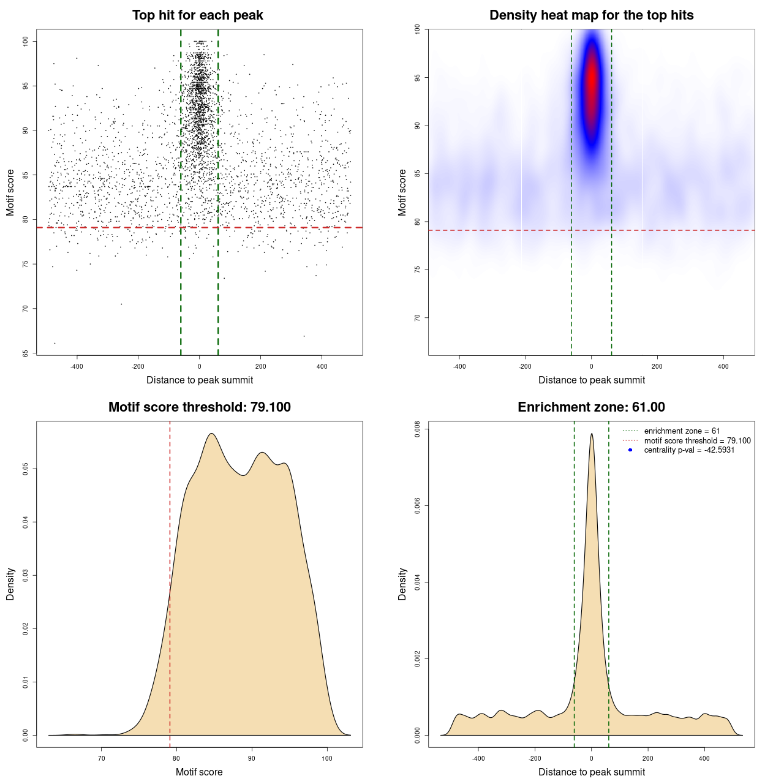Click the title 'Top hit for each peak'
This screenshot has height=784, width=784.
click(x=198, y=15)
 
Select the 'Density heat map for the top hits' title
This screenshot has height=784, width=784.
click(x=591, y=15)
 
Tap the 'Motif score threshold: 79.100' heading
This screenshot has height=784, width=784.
click(x=199, y=407)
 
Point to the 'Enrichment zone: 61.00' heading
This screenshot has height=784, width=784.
click(x=591, y=407)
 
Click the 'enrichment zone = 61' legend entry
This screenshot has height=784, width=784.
click(x=682, y=431)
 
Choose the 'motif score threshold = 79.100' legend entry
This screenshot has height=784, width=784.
click(x=697, y=440)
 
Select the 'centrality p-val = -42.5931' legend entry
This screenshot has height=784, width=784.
click(x=689, y=450)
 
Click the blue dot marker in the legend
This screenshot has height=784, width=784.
click(x=630, y=450)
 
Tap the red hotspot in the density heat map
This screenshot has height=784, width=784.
click(x=592, y=83)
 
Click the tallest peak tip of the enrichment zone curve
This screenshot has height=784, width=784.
click(x=592, y=434)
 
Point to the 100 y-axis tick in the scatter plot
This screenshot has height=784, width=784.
click(x=25, y=41)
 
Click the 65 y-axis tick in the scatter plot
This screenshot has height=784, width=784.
click(x=25, y=353)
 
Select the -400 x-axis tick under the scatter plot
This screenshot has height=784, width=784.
click(x=77, y=366)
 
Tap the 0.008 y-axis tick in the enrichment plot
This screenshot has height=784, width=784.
click(x=417, y=430)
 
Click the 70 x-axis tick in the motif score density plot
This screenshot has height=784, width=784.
click(x=102, y=758)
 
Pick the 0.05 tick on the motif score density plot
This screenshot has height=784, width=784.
click(x=25, y=469)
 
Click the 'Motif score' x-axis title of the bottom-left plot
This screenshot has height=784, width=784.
click(x=199, y=772)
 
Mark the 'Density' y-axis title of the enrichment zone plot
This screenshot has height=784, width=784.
click(x=402, y=584)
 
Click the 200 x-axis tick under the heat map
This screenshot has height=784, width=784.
click(x=657, y=366)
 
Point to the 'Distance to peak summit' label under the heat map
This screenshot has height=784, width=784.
click(x=592, y=380)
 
